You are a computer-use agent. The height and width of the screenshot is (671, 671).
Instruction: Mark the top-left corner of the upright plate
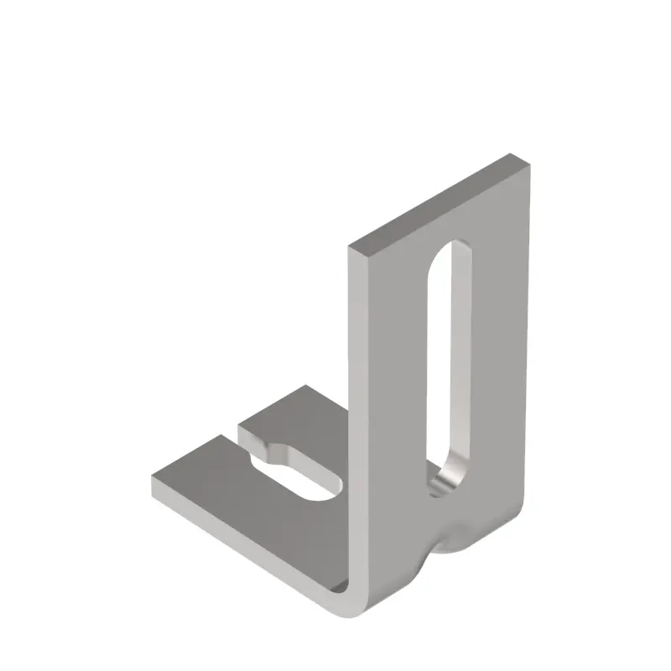pos(350,247)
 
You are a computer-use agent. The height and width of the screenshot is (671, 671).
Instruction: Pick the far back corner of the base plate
pos(304,387)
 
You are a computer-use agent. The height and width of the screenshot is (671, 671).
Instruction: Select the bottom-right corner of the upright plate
pos(520,512)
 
